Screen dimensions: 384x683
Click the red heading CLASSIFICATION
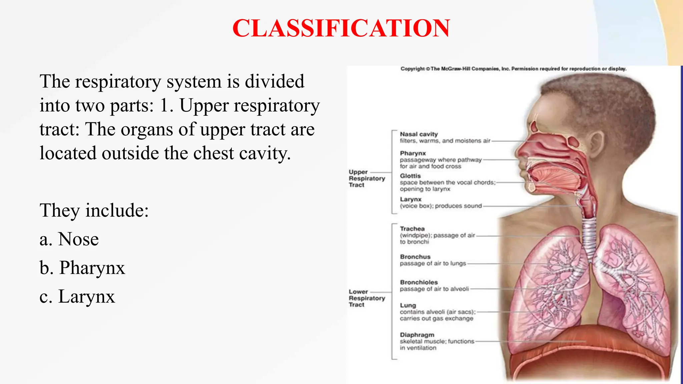coord(341,28)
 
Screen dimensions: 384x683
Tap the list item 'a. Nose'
coord(69,239)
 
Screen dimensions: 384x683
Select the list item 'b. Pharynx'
coord(82,268)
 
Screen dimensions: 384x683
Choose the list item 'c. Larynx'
coord(77,296)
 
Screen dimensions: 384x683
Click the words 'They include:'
coord(94,210)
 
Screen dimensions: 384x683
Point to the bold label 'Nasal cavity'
coord(419,134)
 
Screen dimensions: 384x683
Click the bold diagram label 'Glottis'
coord(410,176)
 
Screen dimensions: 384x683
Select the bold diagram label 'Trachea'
coord(412,229)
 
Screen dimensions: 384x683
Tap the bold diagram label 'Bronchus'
coord(415,257)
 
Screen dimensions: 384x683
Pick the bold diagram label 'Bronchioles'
coord(419,282)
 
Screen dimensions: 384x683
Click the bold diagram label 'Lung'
coord(408,305)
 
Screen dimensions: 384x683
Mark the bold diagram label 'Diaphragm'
coord(417,335)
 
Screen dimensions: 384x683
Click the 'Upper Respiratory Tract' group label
coord(366,178)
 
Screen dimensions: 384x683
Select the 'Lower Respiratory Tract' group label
coord(366,298)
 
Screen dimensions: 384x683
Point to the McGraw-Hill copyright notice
coord(513,69)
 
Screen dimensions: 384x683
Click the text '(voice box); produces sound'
coord(441,206)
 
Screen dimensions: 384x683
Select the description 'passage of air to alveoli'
coord(434,289)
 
